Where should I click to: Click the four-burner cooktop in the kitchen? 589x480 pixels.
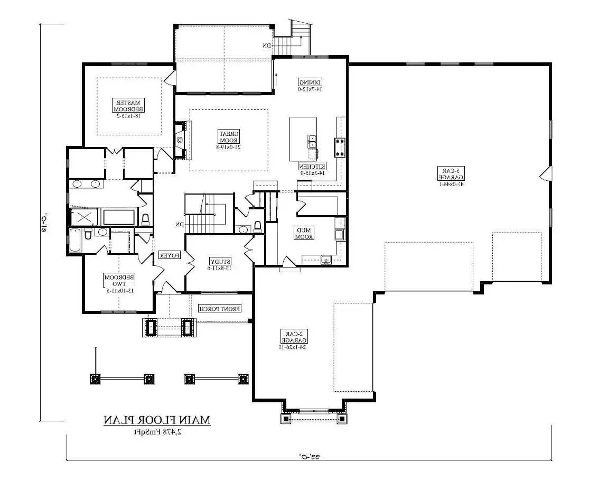(339, 147)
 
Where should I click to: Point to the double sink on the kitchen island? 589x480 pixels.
(312, 141)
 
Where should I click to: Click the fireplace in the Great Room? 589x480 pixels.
(180, 141)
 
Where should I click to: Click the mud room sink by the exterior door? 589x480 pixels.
(326, 259)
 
